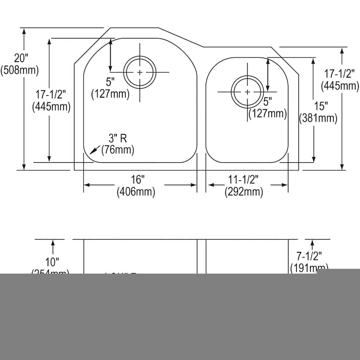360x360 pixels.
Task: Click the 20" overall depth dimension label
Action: [20, 58]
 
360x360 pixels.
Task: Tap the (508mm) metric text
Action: [20, 70]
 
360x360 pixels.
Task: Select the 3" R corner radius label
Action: [118, 138]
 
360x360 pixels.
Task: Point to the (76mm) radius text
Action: [118, 150]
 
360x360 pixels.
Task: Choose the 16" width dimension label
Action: [136, 180]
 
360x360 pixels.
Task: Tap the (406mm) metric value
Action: [136, 192]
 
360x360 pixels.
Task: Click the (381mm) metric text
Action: [318, 118]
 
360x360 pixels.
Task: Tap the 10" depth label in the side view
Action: [51, 262]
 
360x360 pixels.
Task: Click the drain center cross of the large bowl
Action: [139, 72]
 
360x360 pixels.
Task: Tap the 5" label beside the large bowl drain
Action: [110, 82]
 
